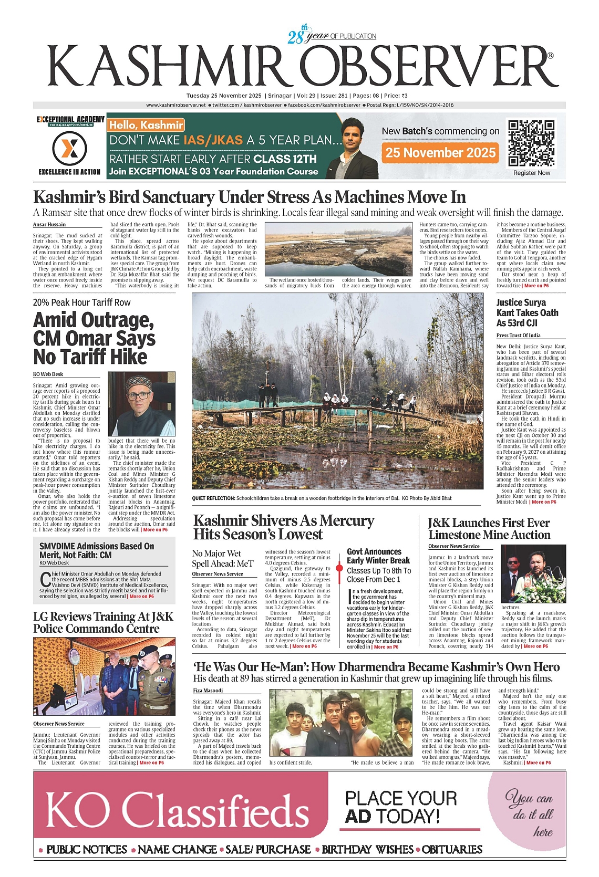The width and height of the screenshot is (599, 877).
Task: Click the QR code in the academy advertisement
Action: pos(531,143)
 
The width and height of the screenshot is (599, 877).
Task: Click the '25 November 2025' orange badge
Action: pos(440,153)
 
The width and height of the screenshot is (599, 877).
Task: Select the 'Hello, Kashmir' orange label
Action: pos(146,125)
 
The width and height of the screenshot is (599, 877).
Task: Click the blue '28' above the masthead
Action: pos(296,37)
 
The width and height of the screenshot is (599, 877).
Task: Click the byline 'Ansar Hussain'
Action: pos(49,224)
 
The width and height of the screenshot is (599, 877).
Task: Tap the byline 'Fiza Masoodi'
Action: pos(208,691)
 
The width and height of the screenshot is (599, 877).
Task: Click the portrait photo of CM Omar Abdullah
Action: pos(141,403)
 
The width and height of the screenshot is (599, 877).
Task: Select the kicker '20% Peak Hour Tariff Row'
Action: pos(81,302)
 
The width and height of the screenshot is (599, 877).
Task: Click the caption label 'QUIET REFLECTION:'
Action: pos(213,498)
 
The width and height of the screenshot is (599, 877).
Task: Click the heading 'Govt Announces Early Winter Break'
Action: pos(378,556)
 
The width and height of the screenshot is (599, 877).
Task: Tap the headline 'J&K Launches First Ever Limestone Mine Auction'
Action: pos(489,529)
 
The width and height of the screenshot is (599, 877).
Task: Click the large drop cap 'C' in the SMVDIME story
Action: pos(46,579)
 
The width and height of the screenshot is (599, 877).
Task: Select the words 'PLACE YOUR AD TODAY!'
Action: pos(401,807)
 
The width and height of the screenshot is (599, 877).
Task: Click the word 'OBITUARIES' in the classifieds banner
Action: pos(452,850)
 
